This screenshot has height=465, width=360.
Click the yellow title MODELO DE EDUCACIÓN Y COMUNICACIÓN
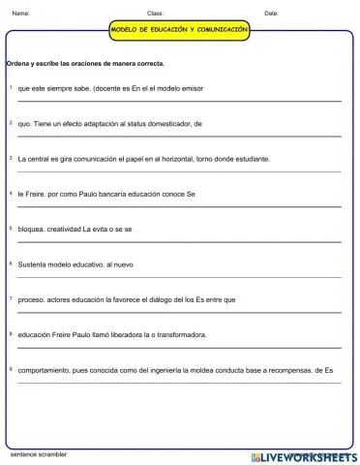pos(180,30)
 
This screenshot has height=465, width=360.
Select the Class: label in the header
pos(155,14)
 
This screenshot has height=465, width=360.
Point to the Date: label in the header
pos(271,14)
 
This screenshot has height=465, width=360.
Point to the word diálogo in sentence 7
pos(167,299)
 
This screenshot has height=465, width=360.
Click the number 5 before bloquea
pos(11,228)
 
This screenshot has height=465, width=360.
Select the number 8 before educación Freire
pos(11,333)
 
